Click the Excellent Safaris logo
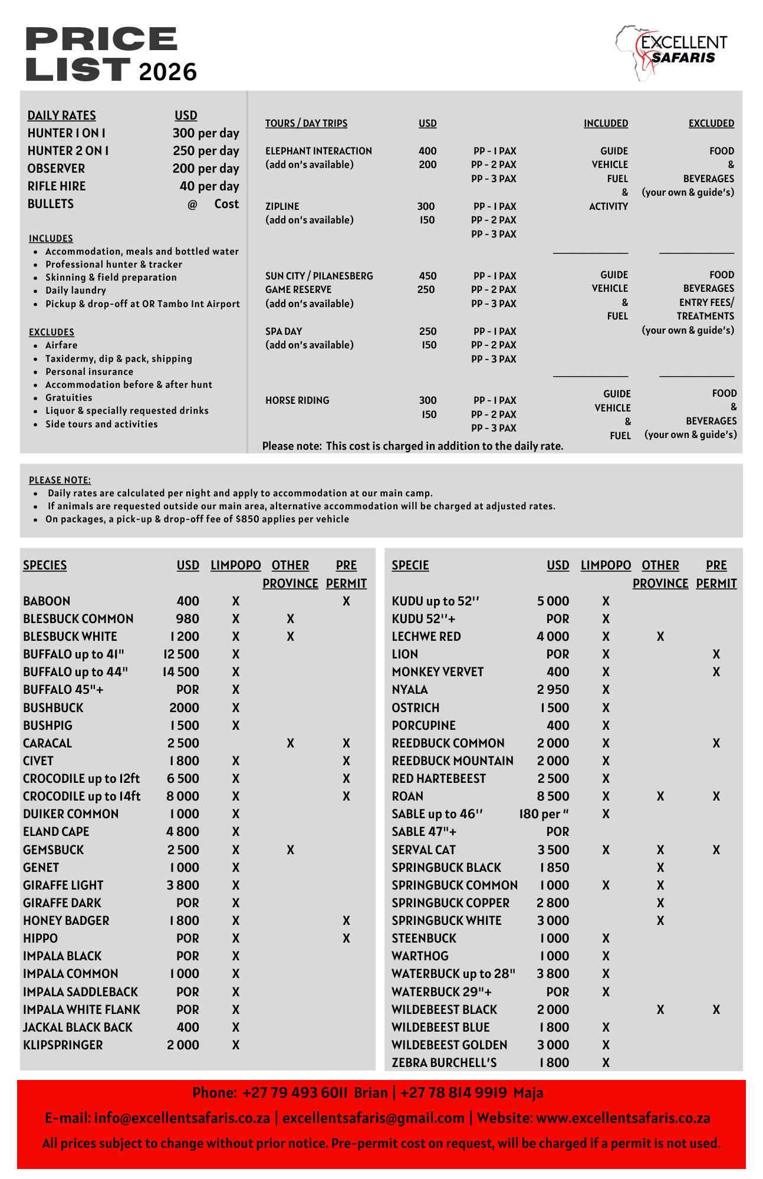(672, 52)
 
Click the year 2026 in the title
(167, 72)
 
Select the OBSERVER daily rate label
(56, 169)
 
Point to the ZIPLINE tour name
(282, 206)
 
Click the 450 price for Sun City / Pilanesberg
(427, 276)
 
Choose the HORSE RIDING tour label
(297, 400)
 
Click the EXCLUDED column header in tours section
(711, 123)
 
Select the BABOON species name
(47, 601)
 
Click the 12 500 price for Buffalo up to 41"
(181, 654)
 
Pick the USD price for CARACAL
(183, 743)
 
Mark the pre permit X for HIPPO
(346, 938)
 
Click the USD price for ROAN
(552, 796)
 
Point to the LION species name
(404, 654)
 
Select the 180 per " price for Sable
(544, 814)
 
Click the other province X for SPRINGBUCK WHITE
(660, 921)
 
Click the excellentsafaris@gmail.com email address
(373, 1118)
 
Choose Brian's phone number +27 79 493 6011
(295, 1093)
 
